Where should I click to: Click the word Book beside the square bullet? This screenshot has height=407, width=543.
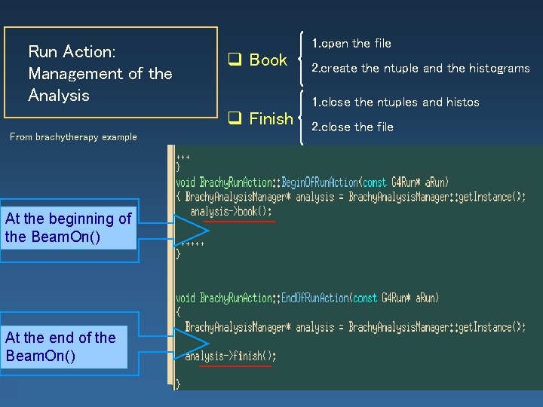268,60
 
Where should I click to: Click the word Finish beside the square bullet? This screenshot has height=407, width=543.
271,119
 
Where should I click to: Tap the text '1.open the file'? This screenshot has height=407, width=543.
351,44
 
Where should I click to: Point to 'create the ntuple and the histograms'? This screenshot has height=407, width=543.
425,69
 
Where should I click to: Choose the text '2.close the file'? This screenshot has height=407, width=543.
352,127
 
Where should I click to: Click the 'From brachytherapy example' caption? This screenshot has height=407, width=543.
73,137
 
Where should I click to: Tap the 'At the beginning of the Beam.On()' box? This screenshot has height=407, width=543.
68,228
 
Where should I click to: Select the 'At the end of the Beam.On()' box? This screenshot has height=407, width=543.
63,346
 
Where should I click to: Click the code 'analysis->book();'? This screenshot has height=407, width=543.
231,212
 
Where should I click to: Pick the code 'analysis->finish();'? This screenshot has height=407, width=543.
231,356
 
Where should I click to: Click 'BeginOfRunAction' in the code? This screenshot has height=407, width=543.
321,182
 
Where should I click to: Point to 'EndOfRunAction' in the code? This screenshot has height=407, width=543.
316,298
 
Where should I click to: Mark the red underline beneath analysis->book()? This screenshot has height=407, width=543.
241,222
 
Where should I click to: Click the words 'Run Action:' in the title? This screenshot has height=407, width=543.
72,52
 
